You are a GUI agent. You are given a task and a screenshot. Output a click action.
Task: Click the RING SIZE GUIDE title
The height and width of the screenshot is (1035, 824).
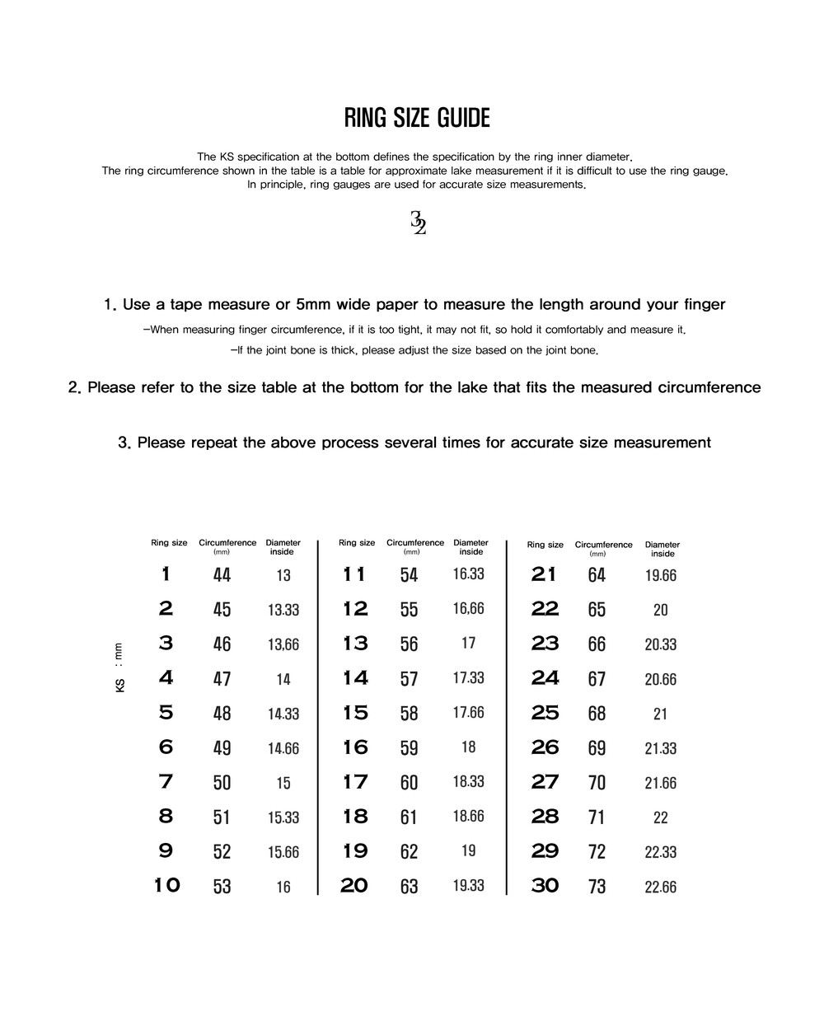416,119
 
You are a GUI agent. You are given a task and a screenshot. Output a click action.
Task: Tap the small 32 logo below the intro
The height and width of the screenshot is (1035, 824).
418,222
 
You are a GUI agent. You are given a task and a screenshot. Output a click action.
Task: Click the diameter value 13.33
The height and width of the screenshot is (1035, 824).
283,610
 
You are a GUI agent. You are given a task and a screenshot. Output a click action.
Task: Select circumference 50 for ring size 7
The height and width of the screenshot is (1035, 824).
222,782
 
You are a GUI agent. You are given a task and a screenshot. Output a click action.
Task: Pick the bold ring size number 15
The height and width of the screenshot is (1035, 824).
355,713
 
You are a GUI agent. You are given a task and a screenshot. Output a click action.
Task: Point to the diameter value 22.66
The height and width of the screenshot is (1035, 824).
660,887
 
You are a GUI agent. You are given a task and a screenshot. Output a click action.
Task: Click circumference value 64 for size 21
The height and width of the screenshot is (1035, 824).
597,575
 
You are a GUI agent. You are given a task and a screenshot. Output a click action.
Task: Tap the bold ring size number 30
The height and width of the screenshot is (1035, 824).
545,886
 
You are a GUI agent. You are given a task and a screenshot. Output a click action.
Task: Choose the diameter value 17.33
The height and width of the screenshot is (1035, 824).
468,678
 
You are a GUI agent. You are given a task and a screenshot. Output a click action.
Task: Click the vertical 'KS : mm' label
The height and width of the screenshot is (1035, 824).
120,667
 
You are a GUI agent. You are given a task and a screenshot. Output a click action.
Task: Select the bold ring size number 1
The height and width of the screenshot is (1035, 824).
166,574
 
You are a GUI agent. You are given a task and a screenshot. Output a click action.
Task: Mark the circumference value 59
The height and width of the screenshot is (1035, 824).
409,748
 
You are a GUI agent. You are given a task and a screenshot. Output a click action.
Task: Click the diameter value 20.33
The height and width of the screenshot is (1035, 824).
660,644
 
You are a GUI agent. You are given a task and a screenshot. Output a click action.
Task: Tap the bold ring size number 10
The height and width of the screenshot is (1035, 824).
166,886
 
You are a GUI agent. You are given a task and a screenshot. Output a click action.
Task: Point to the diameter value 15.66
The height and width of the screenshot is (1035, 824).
283,852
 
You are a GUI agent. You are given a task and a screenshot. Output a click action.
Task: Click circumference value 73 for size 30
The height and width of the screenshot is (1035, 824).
597,887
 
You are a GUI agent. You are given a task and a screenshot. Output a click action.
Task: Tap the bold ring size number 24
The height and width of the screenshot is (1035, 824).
545,678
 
